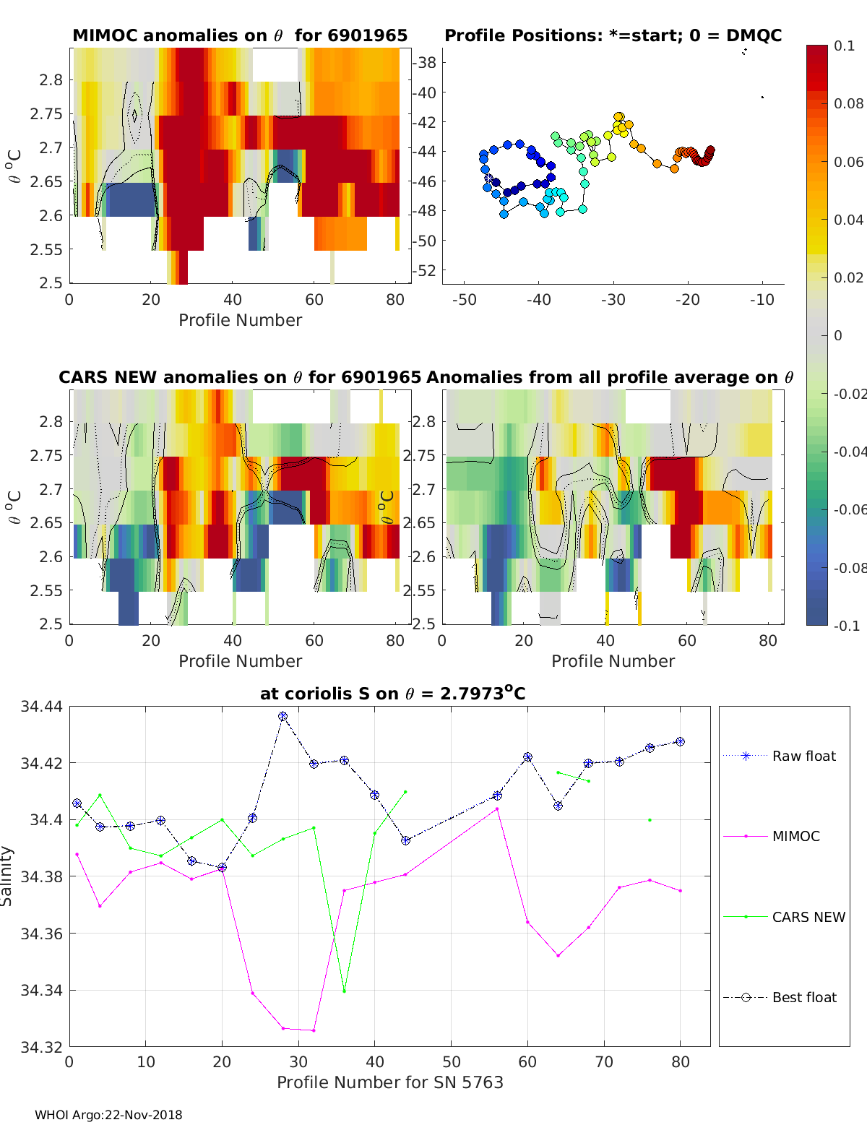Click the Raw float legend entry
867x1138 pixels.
click(x=780, y=756)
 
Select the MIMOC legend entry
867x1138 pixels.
click(x=772, y=836)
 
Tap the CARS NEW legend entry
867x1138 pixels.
click(x=784, y=917)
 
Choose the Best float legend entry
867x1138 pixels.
click(x=780, y=998)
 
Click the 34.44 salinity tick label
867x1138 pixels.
click(x=41, y=706)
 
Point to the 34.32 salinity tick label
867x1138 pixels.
click(x=41, y=1047)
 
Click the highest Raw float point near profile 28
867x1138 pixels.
click(x=283, y=716)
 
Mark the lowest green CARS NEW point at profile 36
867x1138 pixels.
click(x=344, y=991)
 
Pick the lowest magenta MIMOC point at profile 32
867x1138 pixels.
click(x=314, y=1030)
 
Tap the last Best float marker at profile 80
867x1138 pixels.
click(x=681, y=742)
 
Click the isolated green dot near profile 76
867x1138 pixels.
click(x=650, y=820)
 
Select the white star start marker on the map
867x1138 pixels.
click(x=488, y=177)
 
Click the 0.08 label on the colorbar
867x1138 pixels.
click(x=848, y=104)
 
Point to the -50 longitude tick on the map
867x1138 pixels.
click(x=465, y=300)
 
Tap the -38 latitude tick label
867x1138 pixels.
click(x=424, y=63)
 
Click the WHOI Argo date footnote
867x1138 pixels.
click(x=108, y=1115)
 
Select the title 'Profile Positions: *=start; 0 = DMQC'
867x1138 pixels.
click(x=613, y=35)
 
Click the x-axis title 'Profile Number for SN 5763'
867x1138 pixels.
click(x=389, y=1082)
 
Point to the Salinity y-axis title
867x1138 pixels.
click(x=7, y=876)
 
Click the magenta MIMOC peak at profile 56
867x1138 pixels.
click(x=497, y=809)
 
